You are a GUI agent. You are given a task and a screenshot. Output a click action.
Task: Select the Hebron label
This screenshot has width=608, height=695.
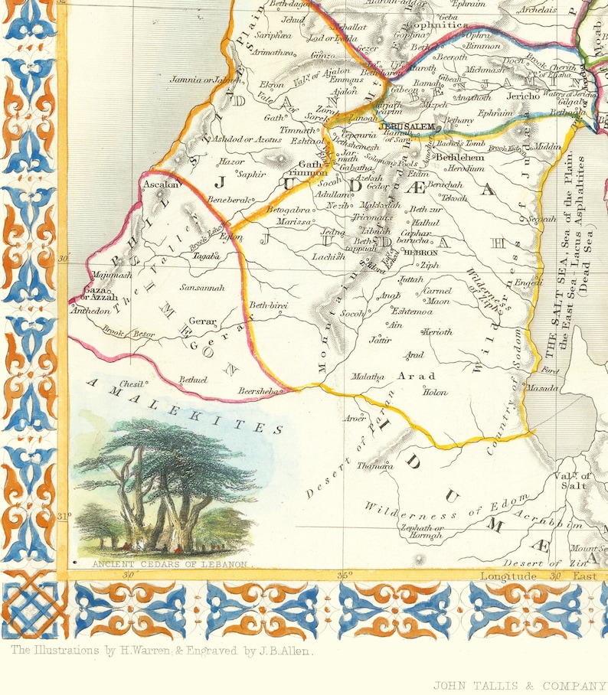[x=420, y=252]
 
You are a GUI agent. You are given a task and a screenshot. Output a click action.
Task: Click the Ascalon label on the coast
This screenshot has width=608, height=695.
[x=160, y=184]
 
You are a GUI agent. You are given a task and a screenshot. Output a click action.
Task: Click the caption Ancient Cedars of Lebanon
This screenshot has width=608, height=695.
[x=170, y=564]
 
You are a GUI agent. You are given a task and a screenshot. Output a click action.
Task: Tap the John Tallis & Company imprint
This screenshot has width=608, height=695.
[x=519, y=685]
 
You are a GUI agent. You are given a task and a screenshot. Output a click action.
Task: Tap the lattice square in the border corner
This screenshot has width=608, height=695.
[x=29, y=609]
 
